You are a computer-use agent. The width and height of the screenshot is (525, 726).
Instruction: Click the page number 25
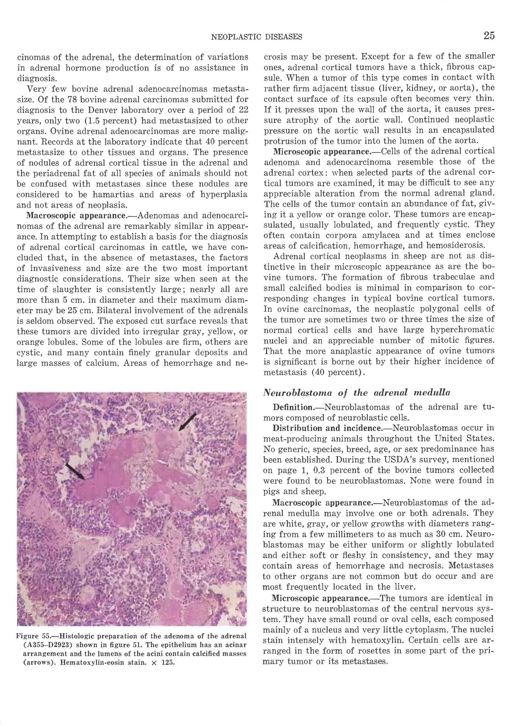489,36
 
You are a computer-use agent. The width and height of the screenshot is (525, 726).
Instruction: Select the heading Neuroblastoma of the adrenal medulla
357,393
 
